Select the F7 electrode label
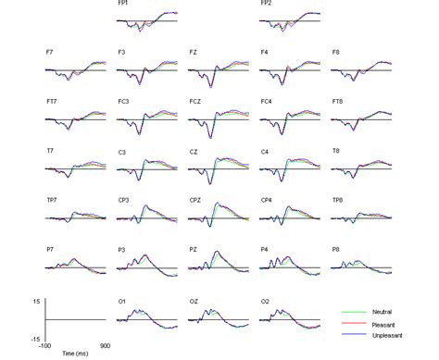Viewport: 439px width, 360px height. [50, 53]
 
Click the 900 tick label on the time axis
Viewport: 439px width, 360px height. [107, 345]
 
